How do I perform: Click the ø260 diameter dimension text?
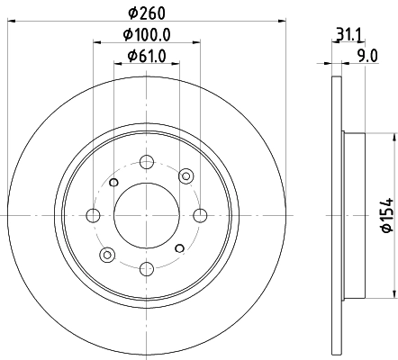(x=147, y=13)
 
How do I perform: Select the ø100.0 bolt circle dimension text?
(x=147, y=35)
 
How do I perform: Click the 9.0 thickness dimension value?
(x=367, y=57)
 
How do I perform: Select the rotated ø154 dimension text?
(x=381, y=214)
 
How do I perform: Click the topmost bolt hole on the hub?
(x=147, y=163)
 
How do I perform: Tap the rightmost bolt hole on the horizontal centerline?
(x=200, y=215)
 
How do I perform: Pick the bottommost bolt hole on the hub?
(x=147, y=267)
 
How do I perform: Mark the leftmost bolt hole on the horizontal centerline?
(x=94, y=215)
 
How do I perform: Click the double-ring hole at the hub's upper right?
(x=186, y=175)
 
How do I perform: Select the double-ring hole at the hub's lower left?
(x=107, y=255)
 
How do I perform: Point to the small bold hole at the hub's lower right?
(x=180, y=248)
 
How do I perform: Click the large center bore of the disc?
(x=147, y=215)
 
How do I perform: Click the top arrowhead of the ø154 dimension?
(x=393, y=139)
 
